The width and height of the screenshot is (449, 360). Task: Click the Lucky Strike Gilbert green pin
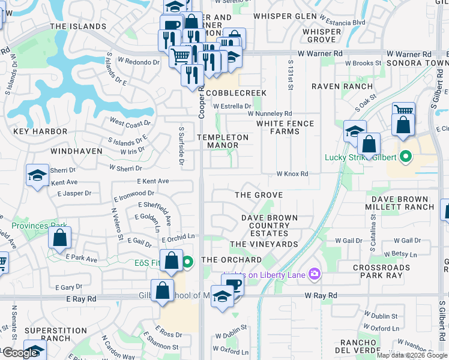click(406, 157)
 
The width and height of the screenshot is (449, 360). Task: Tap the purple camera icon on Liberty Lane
click(314, 274)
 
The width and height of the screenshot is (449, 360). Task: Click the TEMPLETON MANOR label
click(223, 141)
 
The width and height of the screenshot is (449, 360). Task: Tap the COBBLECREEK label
click(236, 93)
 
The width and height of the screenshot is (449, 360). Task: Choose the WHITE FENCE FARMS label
click(285, 127)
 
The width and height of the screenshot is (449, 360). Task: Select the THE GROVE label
click(258, 195)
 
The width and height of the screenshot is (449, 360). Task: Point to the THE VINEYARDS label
click(264, 244)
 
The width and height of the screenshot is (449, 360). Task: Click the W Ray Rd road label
click(321, 295)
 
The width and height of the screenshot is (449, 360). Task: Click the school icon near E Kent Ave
click(37, 175)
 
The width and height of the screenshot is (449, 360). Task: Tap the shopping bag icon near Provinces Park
click(60, 238)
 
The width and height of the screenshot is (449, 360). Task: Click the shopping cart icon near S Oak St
click(403, 110)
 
